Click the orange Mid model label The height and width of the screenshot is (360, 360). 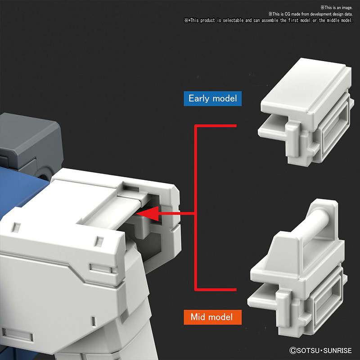coord(211,317)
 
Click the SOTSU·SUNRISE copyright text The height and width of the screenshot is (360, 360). coord(321,349)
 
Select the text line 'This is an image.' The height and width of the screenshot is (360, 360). coord(336,8)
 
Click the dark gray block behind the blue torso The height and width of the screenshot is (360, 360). coord(27,139)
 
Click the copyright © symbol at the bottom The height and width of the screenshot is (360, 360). coord(292,349)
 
